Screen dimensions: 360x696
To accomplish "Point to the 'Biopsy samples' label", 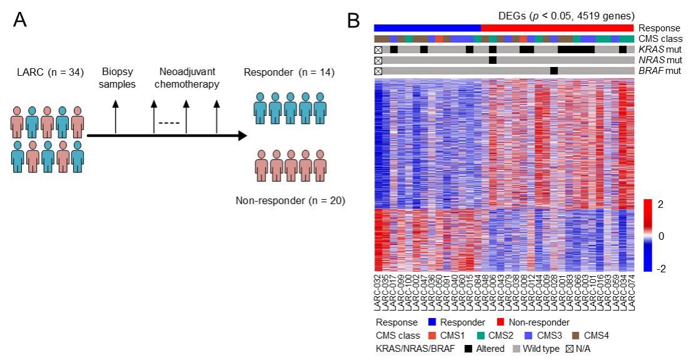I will [x=115, y=78].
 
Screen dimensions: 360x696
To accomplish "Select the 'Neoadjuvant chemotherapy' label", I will [x=185, y=78].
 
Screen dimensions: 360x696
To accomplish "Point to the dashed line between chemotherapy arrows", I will [x=169, y=122].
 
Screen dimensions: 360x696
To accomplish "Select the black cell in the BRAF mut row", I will [x=554, y=70].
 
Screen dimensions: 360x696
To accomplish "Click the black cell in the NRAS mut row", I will [x=493, y=59].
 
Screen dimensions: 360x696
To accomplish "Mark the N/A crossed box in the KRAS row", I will [x=378, y=49].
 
